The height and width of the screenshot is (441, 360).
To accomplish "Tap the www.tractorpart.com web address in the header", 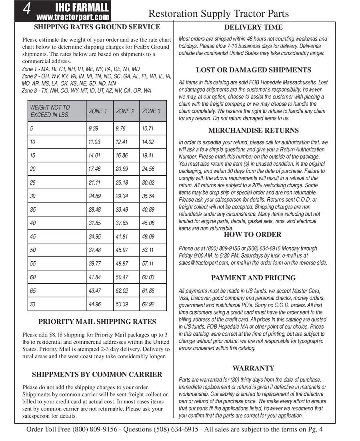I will (x=72, y=17).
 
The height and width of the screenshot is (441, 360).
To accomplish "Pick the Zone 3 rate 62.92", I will (x=148, y=304).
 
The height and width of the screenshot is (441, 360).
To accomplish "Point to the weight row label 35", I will (x=33, y=209).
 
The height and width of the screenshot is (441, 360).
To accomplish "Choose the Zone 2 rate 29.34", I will (x=122, y=196).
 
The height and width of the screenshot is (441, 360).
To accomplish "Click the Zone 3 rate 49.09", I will (x=148, y=237).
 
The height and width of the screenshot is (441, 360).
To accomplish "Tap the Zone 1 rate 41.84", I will (x=95, y=277).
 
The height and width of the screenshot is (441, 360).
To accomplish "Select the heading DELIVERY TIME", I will (x=253, y=27).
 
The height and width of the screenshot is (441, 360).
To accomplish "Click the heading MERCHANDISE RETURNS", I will (x=253, y=130).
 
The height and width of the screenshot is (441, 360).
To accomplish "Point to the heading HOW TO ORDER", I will (x=252, y=235).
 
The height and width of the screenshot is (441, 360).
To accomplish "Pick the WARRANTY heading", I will (x=253, y=368).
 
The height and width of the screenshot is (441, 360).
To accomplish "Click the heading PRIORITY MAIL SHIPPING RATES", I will (x=97, y=322).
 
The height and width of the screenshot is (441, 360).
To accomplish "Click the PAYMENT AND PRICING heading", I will (x=253, y=278).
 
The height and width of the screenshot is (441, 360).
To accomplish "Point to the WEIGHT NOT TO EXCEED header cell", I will (x=50, y=111).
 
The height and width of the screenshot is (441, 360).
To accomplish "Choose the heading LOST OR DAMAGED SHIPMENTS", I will (x=253, y=70).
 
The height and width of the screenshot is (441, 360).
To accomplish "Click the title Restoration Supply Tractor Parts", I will (x=218, y=14).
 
